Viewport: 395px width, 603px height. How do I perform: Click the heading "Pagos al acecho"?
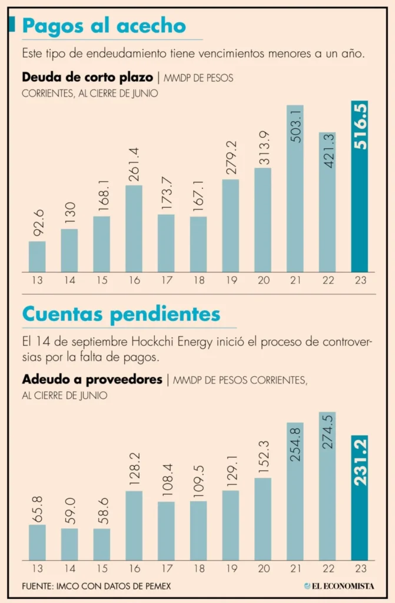(x=104, y=25)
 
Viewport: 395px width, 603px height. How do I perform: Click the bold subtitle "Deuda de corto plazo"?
(x=86, y=77)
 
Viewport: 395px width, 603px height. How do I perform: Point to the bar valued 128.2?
(x=134, y=525)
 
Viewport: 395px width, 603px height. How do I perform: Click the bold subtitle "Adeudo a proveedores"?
(x=91, y=380)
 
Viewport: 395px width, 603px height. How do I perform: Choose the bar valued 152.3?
(x=263, y=519)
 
